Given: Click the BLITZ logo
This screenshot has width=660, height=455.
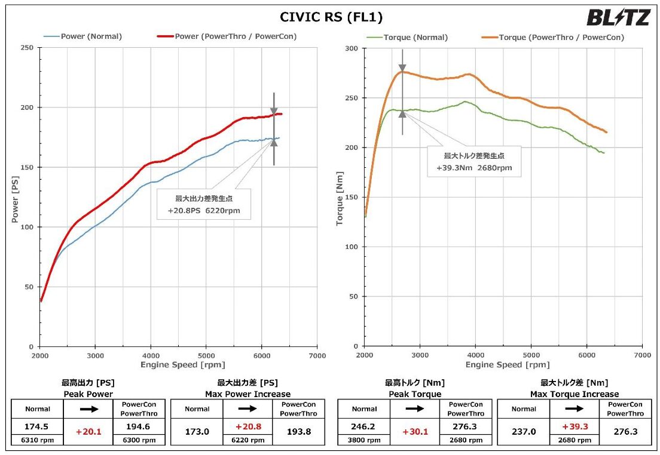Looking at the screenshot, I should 618,17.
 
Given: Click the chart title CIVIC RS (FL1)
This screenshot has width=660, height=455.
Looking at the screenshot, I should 331,17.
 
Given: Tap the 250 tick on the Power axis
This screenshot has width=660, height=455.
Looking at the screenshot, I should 27,48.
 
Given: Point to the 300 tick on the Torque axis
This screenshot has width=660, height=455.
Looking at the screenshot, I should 352,48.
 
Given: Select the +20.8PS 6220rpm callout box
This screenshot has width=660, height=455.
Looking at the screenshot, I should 203,205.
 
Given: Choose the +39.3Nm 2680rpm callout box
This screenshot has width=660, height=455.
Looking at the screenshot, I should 474,162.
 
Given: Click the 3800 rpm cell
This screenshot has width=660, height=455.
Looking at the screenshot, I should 363,440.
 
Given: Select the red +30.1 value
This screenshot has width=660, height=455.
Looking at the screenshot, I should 414,432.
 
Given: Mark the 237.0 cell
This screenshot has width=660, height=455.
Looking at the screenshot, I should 523,432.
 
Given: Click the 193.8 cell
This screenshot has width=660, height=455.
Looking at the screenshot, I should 298,432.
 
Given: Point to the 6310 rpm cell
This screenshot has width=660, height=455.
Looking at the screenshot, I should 37,440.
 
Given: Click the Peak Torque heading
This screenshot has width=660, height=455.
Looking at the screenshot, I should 415,394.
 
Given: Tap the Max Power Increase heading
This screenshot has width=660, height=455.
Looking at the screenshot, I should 247,394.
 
